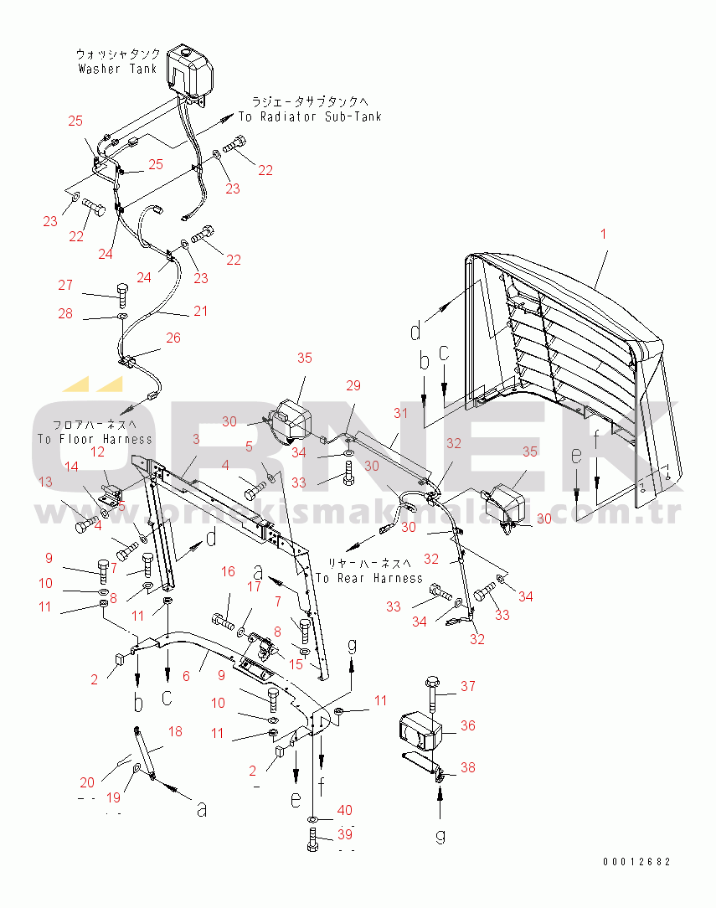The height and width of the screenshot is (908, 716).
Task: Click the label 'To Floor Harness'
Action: tap(95, 438)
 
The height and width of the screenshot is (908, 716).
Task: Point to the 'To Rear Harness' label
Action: tap(369, 578)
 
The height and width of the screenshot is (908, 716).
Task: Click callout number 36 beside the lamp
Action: tap(466, 726)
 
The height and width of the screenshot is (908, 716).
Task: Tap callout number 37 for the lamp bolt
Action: tap(467, 687)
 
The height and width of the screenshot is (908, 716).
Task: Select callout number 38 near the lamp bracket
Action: tap(467, 766)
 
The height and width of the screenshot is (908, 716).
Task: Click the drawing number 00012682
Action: tap(636, 862)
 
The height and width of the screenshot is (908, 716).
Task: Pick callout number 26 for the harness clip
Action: tap(173, 338)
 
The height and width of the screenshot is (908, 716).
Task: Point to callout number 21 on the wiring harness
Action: tap(199, 312)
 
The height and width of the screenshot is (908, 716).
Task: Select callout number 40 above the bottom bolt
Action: tap(345, 810)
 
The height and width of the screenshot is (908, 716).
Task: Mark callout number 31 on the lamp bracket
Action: tap(400, 413)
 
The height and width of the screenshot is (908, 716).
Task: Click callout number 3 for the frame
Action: tap(195, 440)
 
